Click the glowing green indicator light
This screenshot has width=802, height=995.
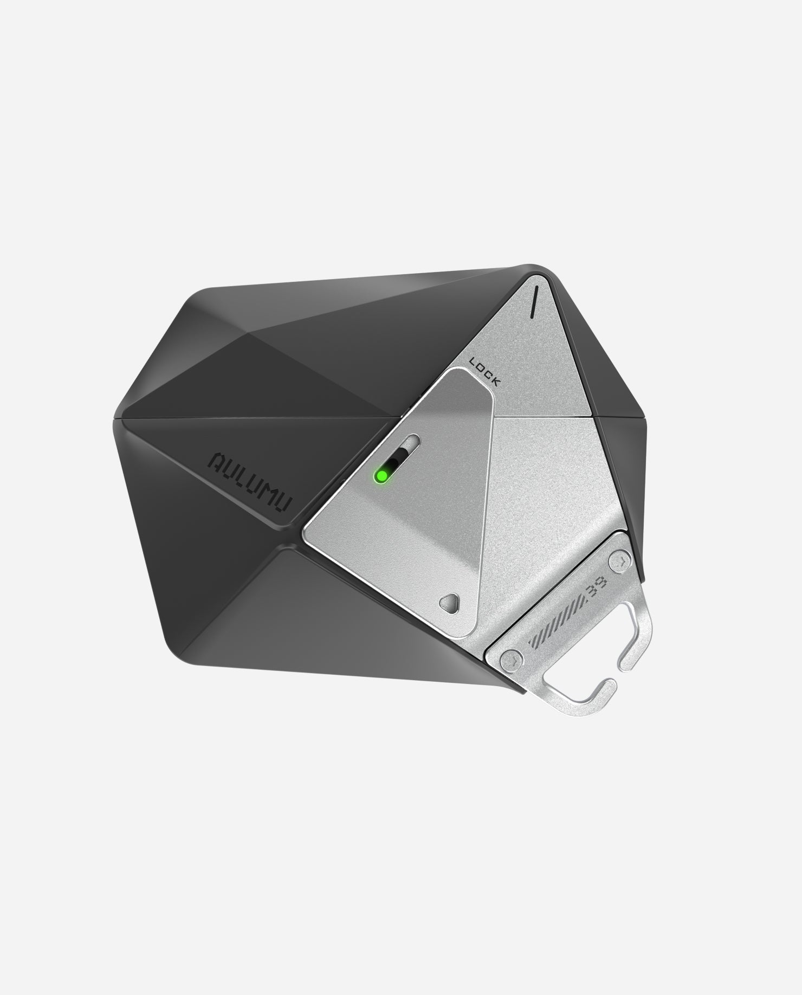tap(381, 476)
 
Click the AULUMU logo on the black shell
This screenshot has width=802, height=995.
tap(251, 480)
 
